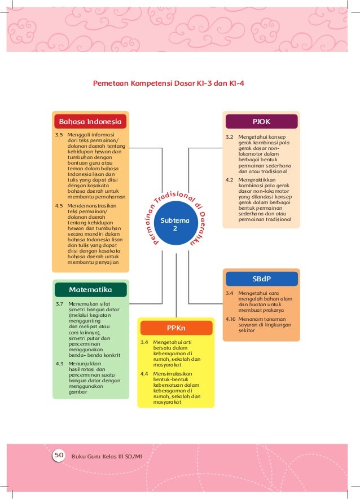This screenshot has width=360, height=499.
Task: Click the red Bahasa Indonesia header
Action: (90, 121)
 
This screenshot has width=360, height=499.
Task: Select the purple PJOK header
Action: (261, 121)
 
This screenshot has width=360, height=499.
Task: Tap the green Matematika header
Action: (90, 289)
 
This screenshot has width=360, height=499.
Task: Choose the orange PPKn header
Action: (176, 328)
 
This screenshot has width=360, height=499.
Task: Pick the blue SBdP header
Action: (261, 279)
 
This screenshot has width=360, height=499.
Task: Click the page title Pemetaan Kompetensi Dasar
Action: (169, 83)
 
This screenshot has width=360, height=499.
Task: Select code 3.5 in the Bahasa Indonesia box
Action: (59, 135)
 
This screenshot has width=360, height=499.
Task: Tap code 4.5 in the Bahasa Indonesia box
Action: (59, 206)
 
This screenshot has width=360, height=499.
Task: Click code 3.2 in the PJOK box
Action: (230, 137)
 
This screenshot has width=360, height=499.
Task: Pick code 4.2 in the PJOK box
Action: (230, 180)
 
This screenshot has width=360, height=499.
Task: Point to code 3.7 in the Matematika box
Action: (59, 304)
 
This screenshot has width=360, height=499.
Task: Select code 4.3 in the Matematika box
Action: (59, 364)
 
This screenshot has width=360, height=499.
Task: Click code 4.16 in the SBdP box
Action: (230, 319)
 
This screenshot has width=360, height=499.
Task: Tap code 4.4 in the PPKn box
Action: (144, 373)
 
